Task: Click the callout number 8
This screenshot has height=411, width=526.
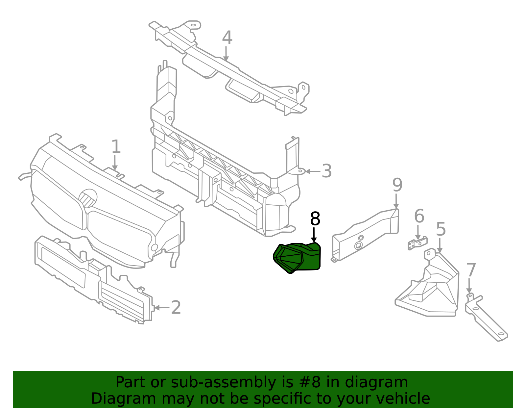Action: tap(315, 219)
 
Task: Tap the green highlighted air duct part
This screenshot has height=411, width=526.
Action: tap(298, 258)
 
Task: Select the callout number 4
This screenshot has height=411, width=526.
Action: tap(227, 38)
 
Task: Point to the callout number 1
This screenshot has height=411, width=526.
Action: tap(116, 147)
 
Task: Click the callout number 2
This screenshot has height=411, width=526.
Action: tap(176, 308)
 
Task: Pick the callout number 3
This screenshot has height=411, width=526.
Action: tap(326, 171)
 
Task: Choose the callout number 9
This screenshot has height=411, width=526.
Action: tap(397, 185)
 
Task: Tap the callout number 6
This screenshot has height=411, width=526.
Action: tap(419, 216)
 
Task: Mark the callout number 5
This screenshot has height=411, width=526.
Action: tap(441, 229)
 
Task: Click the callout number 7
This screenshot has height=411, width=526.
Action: tap(471, 270)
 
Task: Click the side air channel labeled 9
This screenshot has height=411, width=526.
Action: tap(365, 235)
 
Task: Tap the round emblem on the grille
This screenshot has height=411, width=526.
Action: tap(88, 198)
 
